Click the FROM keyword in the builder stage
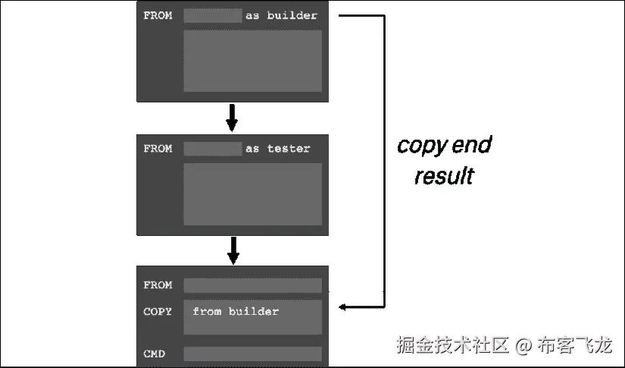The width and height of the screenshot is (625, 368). (x=158, y=15)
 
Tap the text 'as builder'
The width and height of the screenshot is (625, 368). (x=281, y=15)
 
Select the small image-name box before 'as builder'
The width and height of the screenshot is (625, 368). (x=212, y=15)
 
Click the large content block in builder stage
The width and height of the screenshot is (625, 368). (x=252, y=61)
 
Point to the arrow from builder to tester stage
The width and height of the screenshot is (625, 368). (x=233, y=117)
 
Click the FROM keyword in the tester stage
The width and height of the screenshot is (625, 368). (x=158, y=149)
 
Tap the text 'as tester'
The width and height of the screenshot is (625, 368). (x=277, y=149)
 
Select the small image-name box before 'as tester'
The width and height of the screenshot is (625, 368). (x=212, y=149)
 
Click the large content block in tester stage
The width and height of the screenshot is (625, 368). (x=252, y=193)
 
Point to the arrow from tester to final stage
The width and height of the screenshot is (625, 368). (x=233, y=250)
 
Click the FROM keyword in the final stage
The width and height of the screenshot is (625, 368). (x=158, y=285)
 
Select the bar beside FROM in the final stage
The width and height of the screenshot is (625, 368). (x=252, y=285)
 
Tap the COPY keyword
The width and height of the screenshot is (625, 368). (x=158, y=312)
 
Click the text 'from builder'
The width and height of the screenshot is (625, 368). (x=236, y=312)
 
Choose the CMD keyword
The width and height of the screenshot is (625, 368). (x=155, y=354)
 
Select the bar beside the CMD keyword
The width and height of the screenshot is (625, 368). (x=252, y=354)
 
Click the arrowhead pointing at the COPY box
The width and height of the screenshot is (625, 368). (x=343, y=307)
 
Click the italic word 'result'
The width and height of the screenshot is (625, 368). (x=443, y=177)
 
